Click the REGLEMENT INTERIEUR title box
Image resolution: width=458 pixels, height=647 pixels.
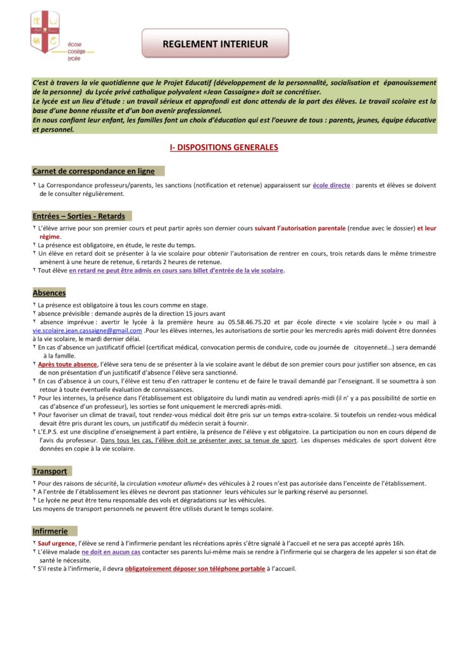click(x=215, y=44)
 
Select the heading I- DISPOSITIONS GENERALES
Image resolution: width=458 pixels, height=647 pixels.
click(x=224, y=147)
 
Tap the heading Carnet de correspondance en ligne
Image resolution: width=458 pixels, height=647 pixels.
click(x=94, y=171)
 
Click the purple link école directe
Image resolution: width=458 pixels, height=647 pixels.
click(x=331, y=186)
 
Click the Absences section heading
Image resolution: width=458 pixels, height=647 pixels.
click(x=49, y=293)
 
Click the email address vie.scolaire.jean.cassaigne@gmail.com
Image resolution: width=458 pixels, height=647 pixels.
click(x=87, y=330)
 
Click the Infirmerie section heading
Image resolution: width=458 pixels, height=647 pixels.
click(x=50, y=531)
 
